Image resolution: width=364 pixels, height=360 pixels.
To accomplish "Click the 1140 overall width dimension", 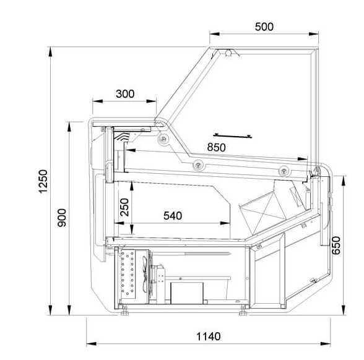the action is click(x=209, y=336).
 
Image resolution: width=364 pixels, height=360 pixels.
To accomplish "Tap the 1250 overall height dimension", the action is click(x=43, y=181).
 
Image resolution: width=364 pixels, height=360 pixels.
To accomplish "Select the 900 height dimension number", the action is click(x=62, y=218).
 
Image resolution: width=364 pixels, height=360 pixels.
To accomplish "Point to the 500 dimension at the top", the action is click(x=264, y=27).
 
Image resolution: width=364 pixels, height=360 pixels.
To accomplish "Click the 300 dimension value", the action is click(x=125, y=94).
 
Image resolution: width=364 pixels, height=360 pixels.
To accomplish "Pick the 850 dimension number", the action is click(x=216, y=147).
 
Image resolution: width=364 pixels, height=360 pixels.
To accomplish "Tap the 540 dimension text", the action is click(x=173, y=216).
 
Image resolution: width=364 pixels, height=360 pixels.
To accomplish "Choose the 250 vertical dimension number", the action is click(x=124, y=207).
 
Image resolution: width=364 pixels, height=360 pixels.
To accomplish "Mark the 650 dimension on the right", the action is click(x=336, y=246).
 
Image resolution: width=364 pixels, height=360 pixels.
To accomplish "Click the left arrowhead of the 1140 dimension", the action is click(x=92, y=343).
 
